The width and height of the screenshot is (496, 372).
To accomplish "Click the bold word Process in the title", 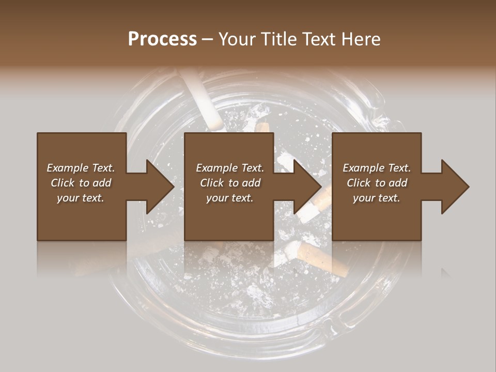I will [x=162, y=39].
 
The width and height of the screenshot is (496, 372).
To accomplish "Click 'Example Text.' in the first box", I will [x=81, y=168].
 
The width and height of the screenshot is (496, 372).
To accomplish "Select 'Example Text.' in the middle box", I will [x=230, y=168].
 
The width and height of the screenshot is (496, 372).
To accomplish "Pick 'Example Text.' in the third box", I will [x=377, y=168].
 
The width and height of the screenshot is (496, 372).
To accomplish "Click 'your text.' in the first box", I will [x=81, y=198].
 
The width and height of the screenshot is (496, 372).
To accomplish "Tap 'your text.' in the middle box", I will [x=230, y=198].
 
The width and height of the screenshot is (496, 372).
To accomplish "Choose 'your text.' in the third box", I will [x=377, y=198].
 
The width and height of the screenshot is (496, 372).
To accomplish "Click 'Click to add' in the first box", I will [x=81, y=183].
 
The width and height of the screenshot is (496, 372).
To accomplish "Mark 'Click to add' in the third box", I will [x=377, y=183].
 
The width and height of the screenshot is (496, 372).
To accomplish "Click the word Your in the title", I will [x=236, y=39].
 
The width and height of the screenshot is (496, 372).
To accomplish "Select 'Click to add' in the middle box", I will [x=230, y=183].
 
